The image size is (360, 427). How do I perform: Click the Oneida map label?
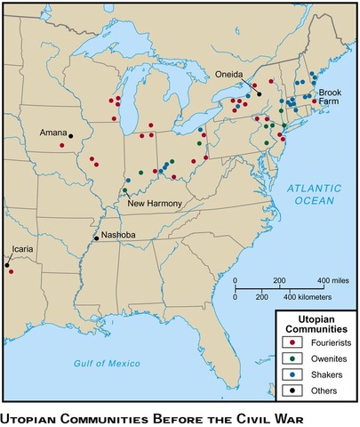pos(230,75)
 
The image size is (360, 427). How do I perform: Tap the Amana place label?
pos(53,133)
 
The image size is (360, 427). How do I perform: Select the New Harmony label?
pos(156,204)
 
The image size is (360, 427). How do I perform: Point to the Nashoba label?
pos(118,235)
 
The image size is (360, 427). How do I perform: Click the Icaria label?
pos(22,250)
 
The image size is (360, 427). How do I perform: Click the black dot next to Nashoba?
pos(96,238)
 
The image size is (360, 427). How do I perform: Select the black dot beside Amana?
pos(71,137)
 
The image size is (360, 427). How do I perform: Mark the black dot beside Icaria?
pos(6,264)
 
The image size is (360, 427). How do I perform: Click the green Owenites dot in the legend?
pos(292,359)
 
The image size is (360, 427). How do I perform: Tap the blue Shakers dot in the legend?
pos(292,375)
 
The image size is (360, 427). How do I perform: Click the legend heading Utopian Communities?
pos(315,323)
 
